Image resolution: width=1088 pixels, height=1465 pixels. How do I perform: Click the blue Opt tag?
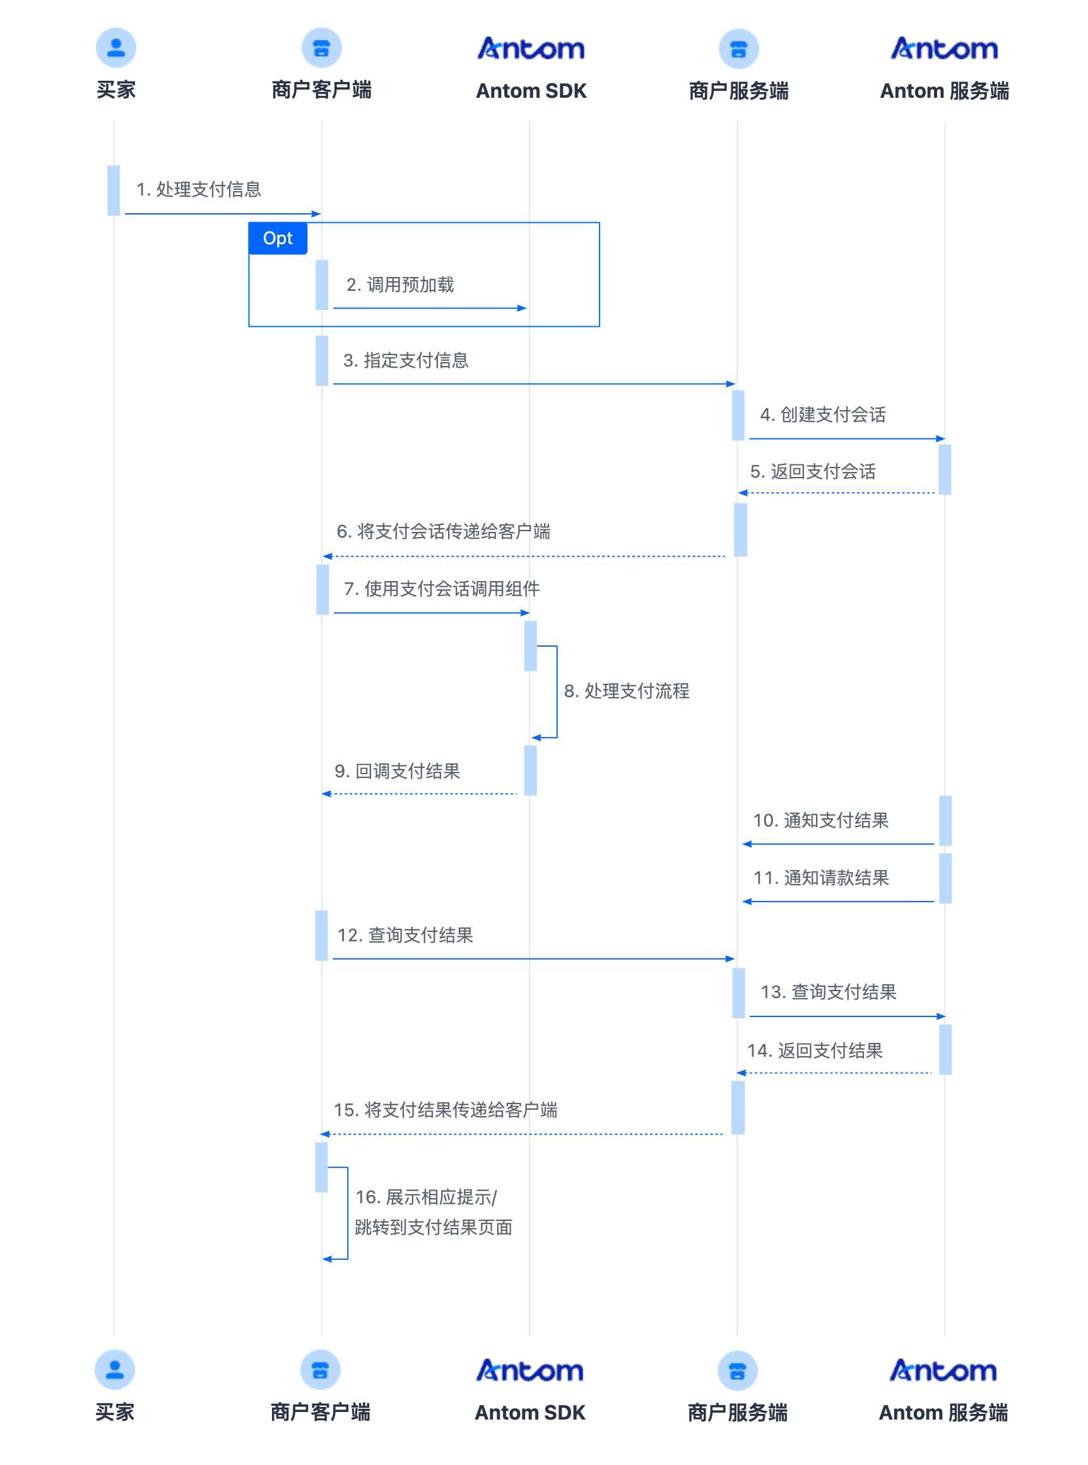click(277, 238)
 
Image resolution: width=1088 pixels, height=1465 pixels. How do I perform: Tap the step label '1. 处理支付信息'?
click(198, 190)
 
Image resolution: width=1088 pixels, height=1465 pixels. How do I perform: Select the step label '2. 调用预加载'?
click(400, 285)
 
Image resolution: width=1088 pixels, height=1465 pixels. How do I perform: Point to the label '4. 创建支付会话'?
click(822, 415)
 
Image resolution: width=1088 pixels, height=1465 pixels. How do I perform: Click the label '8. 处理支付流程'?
click(626, 691)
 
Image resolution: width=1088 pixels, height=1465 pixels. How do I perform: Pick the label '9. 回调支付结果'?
click(397, 771)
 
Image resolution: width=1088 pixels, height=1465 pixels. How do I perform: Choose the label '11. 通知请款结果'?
click(821, 878)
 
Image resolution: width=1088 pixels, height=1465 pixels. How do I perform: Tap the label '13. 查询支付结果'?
click(829, 992)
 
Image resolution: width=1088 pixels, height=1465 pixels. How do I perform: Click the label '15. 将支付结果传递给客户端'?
click(445, 1110)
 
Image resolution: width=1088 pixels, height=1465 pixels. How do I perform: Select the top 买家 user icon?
click(116, 47)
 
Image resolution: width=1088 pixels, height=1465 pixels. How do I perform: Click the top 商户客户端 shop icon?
click(321, 47)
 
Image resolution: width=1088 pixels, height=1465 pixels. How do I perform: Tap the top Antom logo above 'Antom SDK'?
click(531, 49)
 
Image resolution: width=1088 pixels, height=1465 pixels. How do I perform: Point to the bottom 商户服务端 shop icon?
click(737, 1371)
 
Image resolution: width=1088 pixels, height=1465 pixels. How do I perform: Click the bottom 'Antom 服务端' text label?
click(943, 1413)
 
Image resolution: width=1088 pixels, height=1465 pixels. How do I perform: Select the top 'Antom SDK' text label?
click(531, 91)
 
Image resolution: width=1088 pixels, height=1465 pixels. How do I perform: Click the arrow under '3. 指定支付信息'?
click(534, 384)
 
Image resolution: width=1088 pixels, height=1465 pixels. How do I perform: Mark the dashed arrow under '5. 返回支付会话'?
click(836, 493)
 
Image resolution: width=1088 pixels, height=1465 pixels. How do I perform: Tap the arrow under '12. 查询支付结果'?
click(533, 958)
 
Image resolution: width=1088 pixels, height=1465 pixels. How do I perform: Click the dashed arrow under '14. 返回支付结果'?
click(834, 1073)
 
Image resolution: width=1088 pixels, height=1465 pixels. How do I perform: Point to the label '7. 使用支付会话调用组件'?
click(442, 589)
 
